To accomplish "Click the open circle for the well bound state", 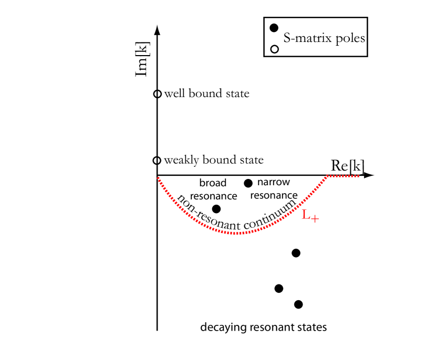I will (157, 94).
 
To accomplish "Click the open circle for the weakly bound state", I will (157, 161).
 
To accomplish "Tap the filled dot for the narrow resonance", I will (248, 183).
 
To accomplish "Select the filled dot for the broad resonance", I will (216, 209).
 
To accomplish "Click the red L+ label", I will (310, 216).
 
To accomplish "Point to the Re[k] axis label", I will (347, 165).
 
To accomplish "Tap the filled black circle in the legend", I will (273, 28).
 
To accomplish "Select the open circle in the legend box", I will (273, 50).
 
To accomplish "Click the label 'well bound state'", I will (206, 94).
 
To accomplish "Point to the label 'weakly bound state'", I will (214, 160).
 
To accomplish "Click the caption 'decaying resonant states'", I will (263, 327).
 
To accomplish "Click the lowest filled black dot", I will (298, 304).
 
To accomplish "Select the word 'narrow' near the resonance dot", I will (274, 183).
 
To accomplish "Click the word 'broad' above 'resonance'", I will (213, 183).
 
